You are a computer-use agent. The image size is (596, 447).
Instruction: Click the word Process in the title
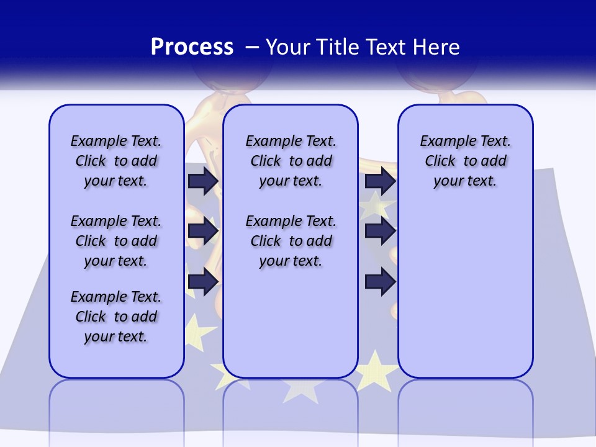tap(192, 47)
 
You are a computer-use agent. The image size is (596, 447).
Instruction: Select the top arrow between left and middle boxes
tap(203, 181)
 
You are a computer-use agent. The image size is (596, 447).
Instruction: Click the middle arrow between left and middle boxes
tap(203, 231)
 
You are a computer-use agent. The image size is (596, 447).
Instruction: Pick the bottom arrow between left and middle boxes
tap(203, 282)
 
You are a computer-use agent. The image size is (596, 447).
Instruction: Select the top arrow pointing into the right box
tap(380, 181)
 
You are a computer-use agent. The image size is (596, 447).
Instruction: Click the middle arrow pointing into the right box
tap(380, 231)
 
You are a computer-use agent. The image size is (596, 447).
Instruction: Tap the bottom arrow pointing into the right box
tap(380, 282)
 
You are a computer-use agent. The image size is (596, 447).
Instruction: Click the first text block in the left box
tap(116, 161)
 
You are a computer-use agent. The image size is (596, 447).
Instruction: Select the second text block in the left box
tap(116, 241)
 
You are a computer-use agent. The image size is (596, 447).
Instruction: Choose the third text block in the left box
tap(116, 317)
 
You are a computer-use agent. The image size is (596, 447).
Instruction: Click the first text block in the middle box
tap(291, 161)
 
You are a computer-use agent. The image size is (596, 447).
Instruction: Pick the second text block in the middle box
tap(291, 241)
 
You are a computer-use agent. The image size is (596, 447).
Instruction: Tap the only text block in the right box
tap(465, 161)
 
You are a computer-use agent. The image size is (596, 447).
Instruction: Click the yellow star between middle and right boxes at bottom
tap(376, 371)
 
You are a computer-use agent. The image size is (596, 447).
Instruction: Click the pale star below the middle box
tap(301, 389)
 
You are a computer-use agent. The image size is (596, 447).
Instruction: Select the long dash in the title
tap(252, 47)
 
